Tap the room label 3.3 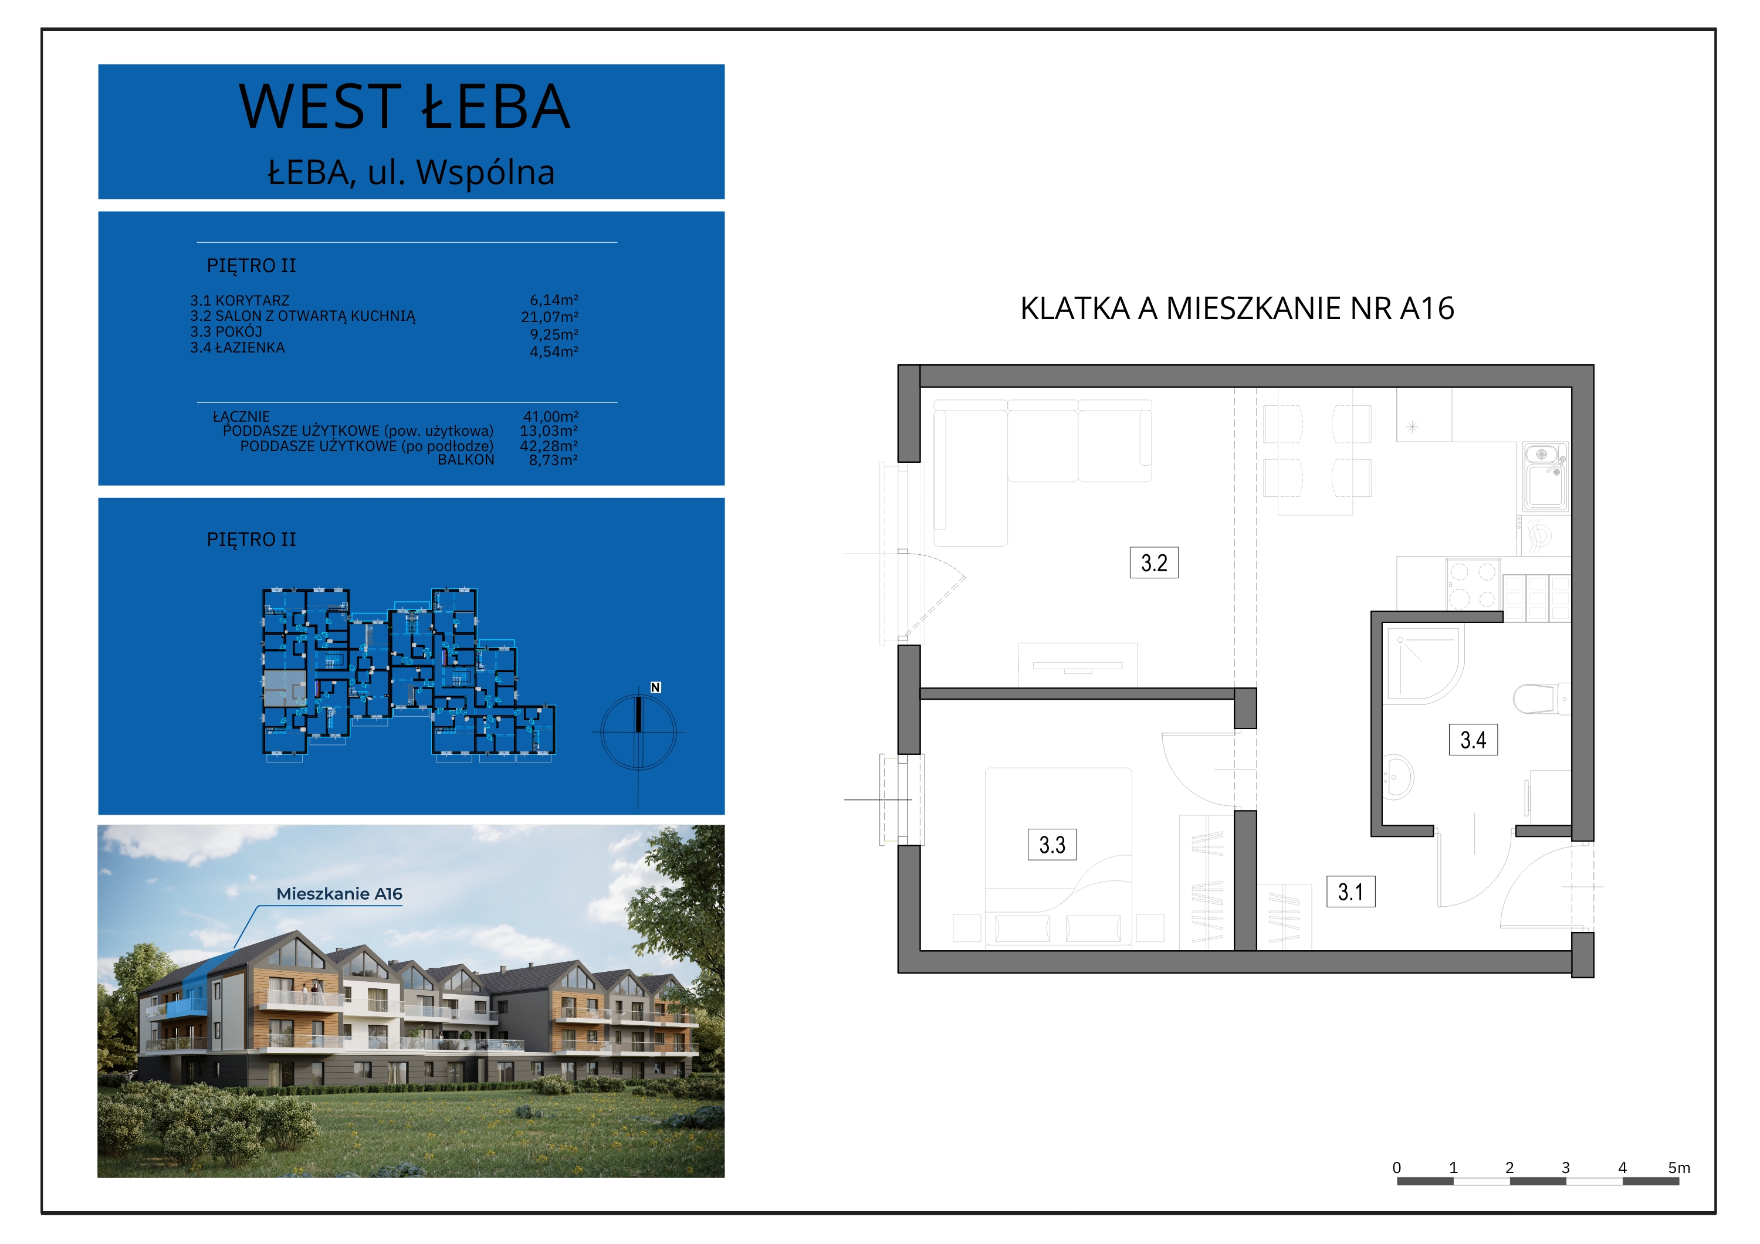tap(1052, 845)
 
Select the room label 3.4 tap(1473, 740)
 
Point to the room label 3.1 tap(1351, 892)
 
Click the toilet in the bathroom tap(1541, 699)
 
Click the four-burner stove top tap(1473, 584)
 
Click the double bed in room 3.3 tap(1058, 856)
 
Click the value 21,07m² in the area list tap(550, 317)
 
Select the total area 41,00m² tap(550, 416)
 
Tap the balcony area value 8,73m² tap(553, 460)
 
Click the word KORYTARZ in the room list tap(252, 300)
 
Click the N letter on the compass tap(655, 687)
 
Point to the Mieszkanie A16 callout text tap(339, 894)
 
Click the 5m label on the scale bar tap(1678, 1167)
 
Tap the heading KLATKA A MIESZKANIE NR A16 tap(1237, 308)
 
